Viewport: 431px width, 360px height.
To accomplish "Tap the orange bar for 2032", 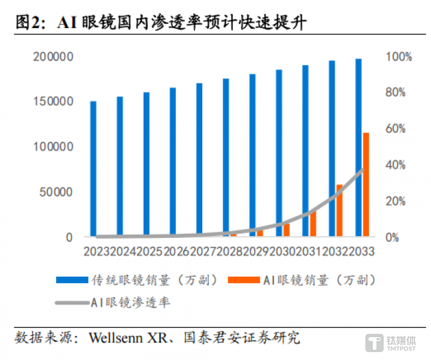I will coord(339,210).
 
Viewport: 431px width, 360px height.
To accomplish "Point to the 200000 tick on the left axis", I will coord(54,57).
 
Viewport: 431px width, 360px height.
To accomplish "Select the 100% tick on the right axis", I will coord(399,57).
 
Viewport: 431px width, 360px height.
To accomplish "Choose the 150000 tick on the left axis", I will coord(54,102).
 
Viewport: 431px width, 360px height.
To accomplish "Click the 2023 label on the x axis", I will coord(96,251).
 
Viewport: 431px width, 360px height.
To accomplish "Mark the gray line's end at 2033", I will coord(362,170).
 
